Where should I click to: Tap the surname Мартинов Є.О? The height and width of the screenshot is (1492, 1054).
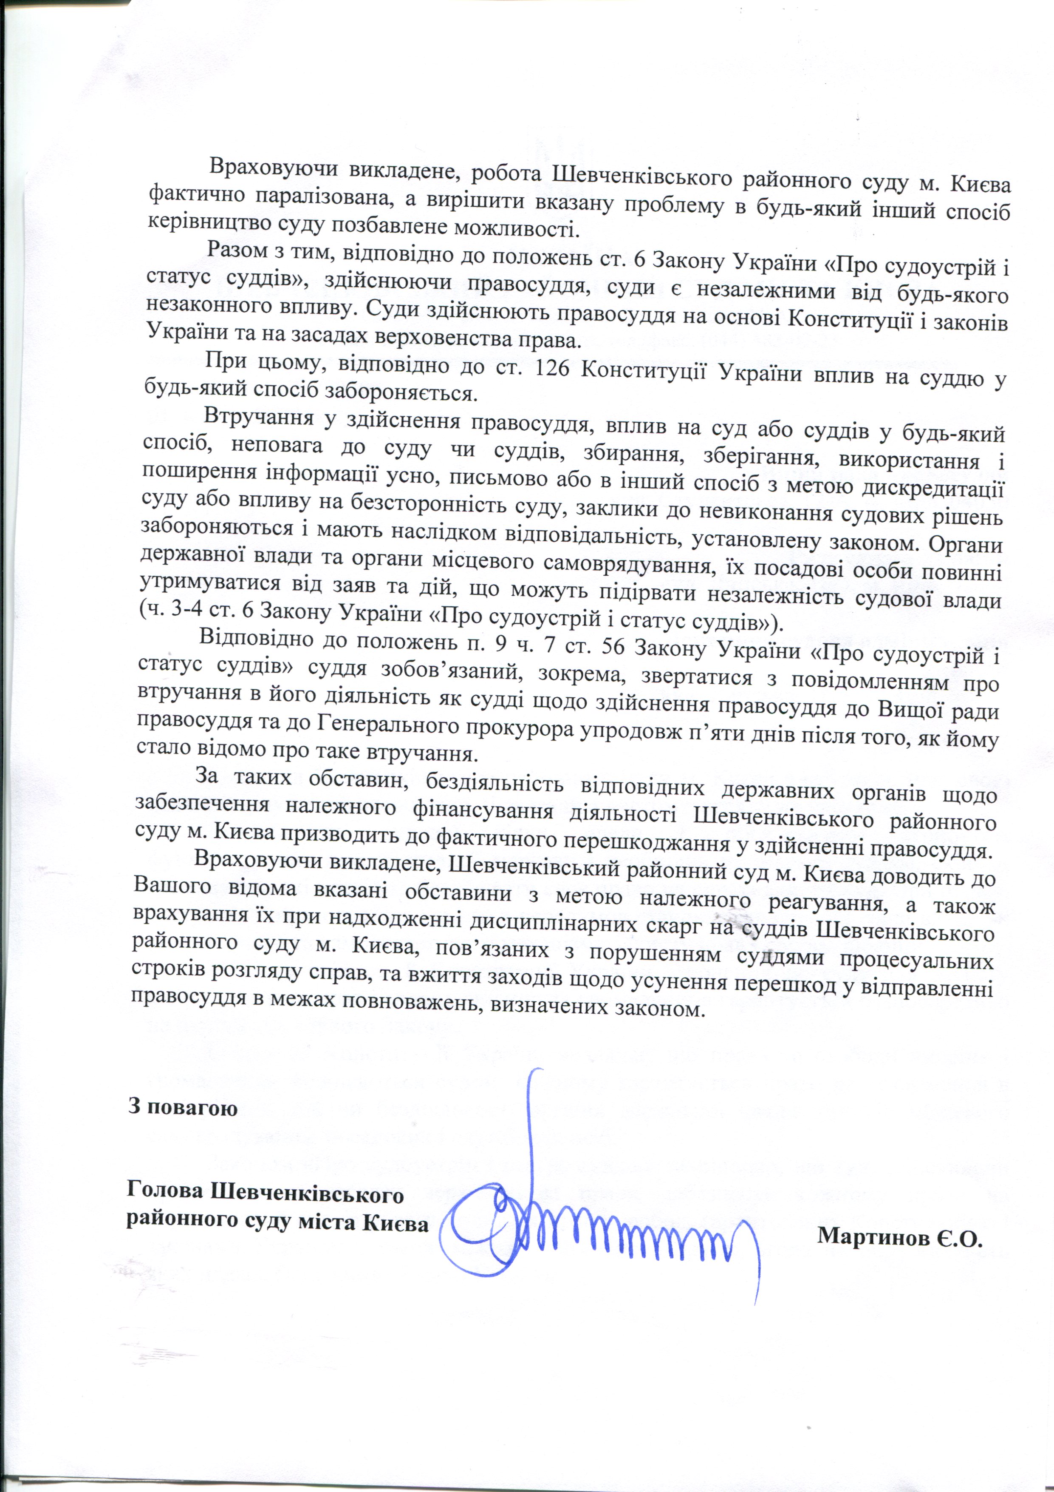pyautogui.click(x=899, y=1236)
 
